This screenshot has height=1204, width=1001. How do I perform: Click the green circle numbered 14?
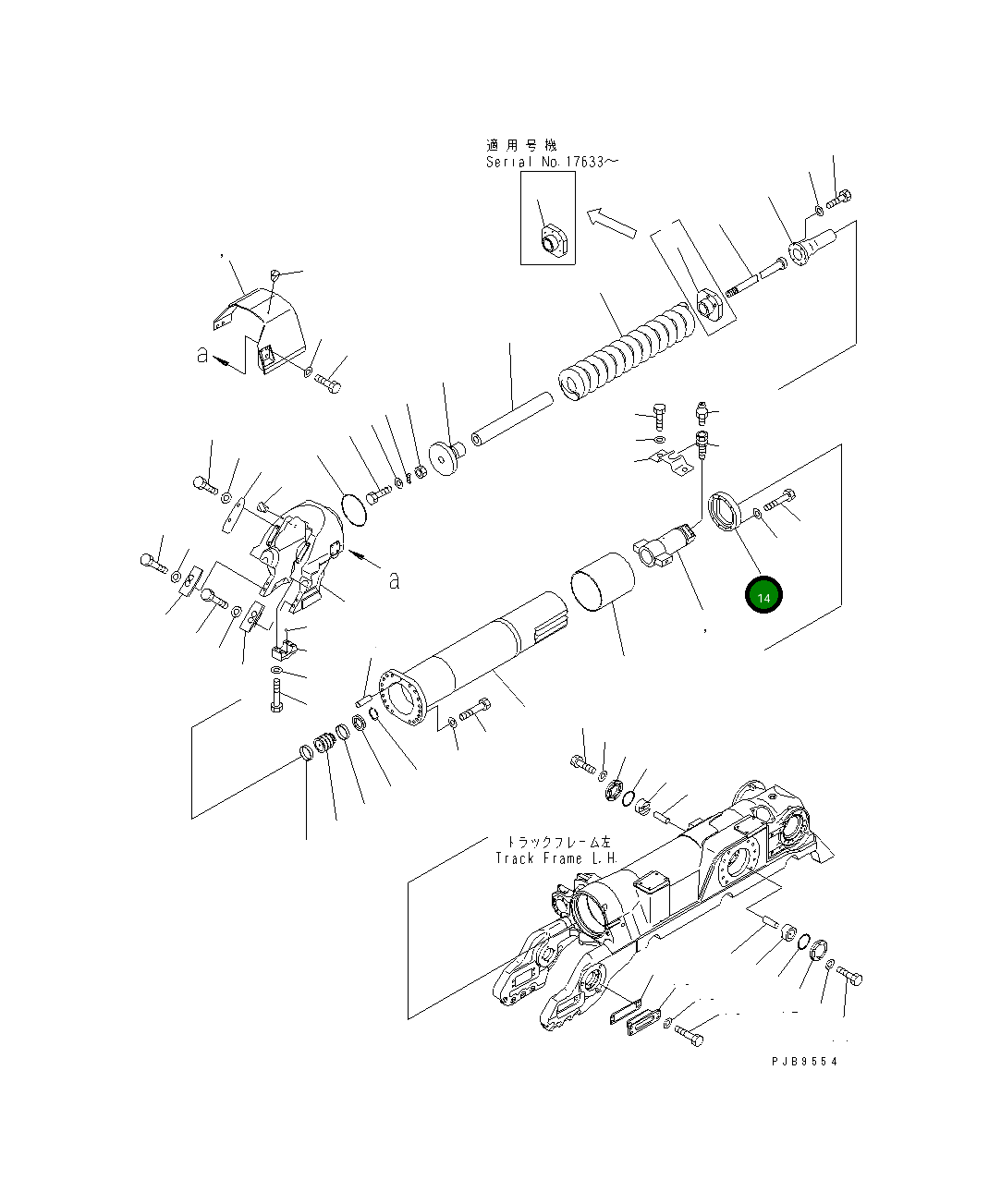pos(763,597)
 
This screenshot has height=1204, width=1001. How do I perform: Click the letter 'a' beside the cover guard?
pos(202,355)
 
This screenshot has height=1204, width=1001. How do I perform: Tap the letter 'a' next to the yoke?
pos(394,580)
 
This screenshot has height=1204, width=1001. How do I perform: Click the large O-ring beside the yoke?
pos(352,509)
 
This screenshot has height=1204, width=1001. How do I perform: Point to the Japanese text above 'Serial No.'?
pos(522,145)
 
